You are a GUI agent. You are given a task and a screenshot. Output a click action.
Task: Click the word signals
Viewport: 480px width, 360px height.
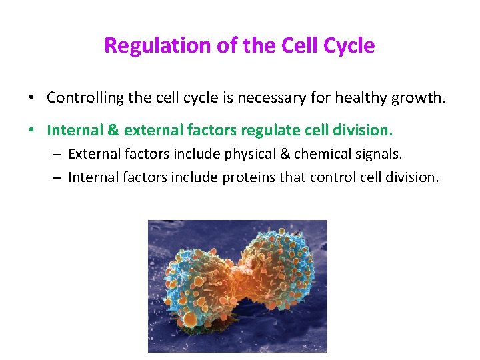tap(378, 155)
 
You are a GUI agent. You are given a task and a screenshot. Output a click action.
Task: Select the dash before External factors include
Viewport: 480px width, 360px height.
tap(58, 155)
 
